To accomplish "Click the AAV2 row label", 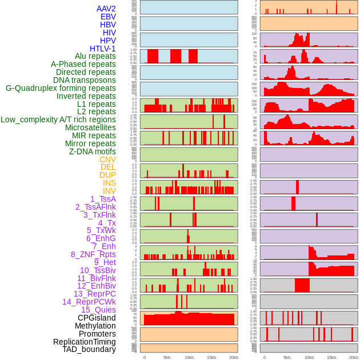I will click(x=106, y=9).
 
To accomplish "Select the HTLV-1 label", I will click(x=102, y=49).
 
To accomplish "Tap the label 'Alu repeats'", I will click(x=95, y=57).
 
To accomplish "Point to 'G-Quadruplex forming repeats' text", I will click(x=61, y=88).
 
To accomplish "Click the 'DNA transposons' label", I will click(x=85, y=80).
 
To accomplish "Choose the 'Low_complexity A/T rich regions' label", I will click(x=58, y=119).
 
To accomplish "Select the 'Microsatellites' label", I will click(x=90, y=127).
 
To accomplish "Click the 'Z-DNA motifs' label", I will click(x=92, y=151).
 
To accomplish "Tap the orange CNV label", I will click(x=107, y=159).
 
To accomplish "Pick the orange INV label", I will click(x=109, y=191).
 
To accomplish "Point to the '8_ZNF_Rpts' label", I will click(x=93, y=254).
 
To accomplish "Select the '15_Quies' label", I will click(x=98, y=310).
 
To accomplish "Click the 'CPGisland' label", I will click(x=97, y=318).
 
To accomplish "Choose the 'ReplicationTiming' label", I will click(x=84, y=342).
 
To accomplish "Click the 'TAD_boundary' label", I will click(x=89, y=349).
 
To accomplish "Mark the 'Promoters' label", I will click(x=97, y=334).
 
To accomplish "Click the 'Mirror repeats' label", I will click(x=90, y=143).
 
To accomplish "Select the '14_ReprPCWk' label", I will click(x=89, y=302).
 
